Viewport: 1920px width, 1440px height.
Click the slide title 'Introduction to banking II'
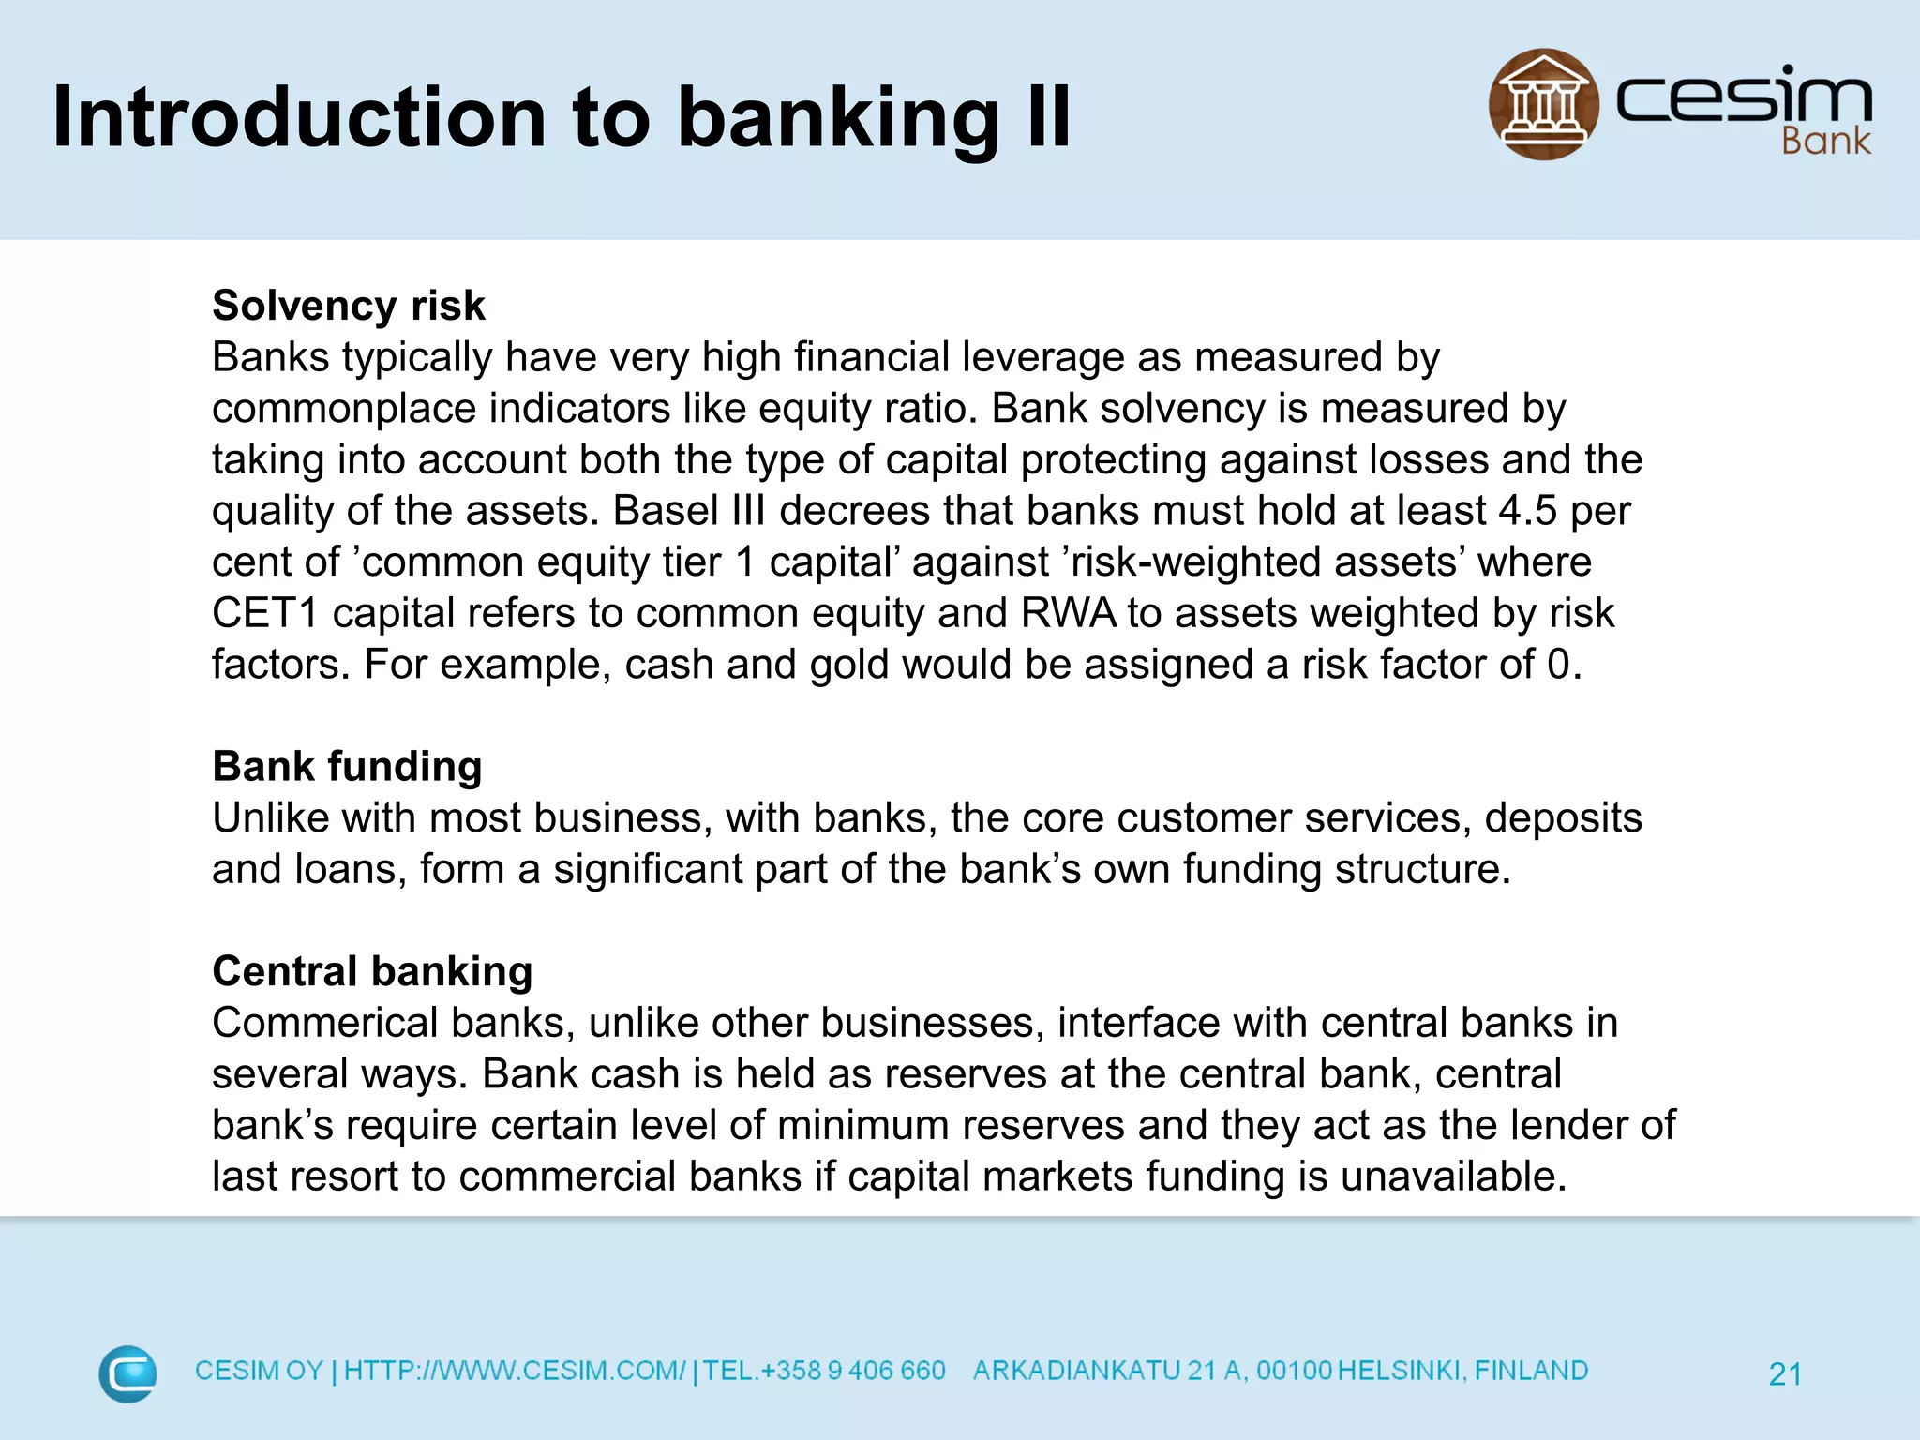(x=561, y=117)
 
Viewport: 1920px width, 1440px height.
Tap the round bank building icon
(x=1543, y=104)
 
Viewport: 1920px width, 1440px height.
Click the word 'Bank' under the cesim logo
(x=1824, y=142)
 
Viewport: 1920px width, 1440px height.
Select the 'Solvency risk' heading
(x=349, y=306)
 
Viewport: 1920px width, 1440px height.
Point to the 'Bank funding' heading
(x=347, y=766)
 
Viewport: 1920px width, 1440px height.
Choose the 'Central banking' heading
(x=372, y=971)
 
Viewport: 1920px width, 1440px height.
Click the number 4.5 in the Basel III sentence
(x=1527, y=511)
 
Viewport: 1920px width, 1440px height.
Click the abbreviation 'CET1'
(x=265, y=613)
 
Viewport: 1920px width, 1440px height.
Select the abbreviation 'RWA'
(x=1068, y=613)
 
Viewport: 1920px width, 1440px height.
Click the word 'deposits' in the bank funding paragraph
(x=1563, y=817)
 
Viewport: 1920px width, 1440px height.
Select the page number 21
(x=1785, y=1374)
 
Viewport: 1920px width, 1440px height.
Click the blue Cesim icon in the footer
(x=127, y=1373)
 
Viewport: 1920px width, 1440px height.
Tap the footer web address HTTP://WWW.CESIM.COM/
(x=515, y=1371)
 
